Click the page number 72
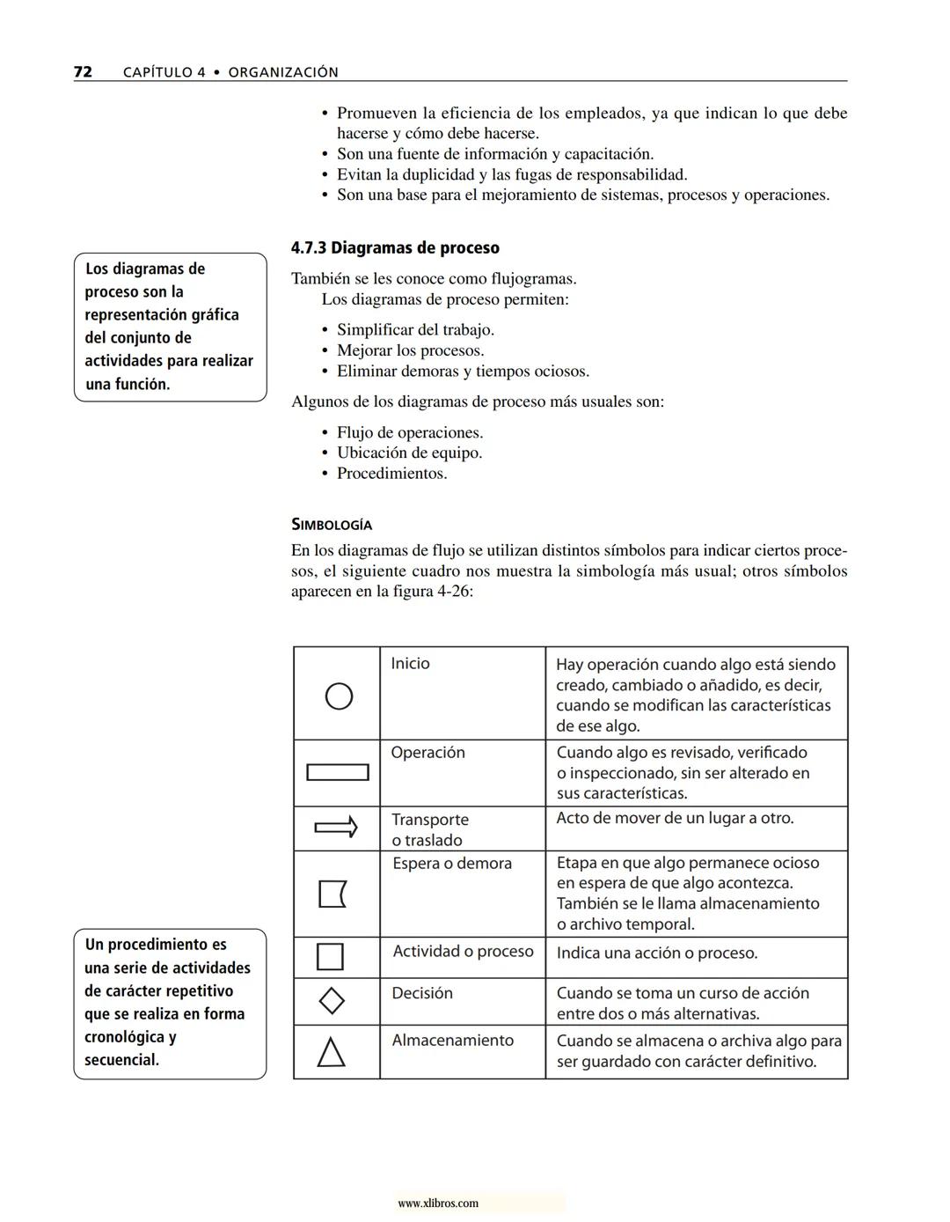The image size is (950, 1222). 83,72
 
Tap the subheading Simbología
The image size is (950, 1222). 332,525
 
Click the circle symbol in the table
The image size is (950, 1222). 339,696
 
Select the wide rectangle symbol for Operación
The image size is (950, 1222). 337,773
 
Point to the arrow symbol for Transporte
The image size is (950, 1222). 336,828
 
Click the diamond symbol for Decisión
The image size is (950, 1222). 331,1001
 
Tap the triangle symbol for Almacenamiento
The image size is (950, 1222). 331,1052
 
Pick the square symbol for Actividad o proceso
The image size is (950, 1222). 330,956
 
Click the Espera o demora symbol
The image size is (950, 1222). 332,894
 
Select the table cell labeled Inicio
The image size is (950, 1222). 410,664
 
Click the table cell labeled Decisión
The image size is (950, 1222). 422,993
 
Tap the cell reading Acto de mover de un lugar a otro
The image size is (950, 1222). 675,819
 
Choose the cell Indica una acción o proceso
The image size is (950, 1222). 656,953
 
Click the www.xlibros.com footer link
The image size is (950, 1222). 438,1204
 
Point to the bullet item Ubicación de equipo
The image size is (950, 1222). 409,453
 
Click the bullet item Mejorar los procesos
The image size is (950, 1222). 410,350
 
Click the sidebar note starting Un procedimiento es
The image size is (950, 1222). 169,1002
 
